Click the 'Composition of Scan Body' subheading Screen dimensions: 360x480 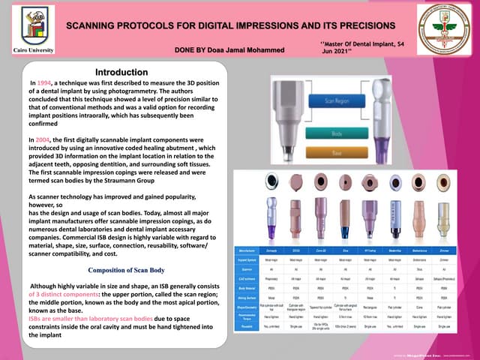[126, 269]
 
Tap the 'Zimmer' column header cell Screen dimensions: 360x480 [444, 250]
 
